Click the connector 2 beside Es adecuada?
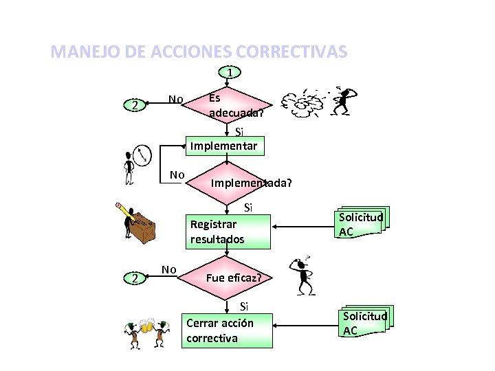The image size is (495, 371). click(x=136, y=106)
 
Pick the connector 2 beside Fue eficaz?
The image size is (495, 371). click(x=136, y=278)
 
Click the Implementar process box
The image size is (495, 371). click(x=224, y=145)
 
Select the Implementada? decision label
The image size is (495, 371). click(x=251, y=183)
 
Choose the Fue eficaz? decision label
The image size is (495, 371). click(x=233, y=278)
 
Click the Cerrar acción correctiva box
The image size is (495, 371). click(x=227, y=330)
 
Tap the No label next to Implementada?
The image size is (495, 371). click(x=177, y=175)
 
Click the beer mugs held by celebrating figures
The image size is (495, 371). click(x=146, y=325)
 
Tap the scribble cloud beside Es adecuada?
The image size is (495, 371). click(x=307, y=105)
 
